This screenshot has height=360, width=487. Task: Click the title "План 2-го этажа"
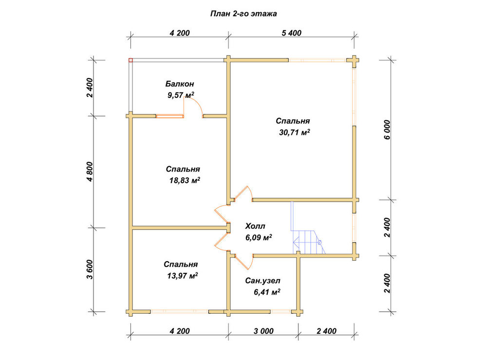click(x=243, y=14)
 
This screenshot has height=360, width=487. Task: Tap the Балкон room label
click(x=180, y=84)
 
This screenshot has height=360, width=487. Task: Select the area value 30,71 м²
click(x=295, y=133)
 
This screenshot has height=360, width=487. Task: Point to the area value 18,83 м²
click(x=185, y=180)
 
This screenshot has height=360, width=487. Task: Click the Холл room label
click(x=255, y=226)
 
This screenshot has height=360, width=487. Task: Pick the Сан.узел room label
click(x=263, y=281)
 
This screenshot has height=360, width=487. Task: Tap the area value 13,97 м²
click(x=183, y=276)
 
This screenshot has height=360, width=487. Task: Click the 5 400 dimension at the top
click(x=292, y=33)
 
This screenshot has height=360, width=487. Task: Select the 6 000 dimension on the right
click(x=387, y=130)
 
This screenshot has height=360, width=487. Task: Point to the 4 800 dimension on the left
click(x=90, y=171)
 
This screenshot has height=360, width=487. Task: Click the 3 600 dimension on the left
click(x=90, y=269)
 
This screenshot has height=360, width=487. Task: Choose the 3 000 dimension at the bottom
click(x=263, y=331)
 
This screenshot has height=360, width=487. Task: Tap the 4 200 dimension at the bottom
click(x=180, y=331)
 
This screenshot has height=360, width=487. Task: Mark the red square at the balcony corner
click(x=131, y=60)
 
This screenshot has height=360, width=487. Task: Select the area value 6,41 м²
click(x=267, y=292)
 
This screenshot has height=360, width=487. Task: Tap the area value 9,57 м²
click(x=181, y=95)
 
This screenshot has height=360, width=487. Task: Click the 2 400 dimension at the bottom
click(x=326, y=331)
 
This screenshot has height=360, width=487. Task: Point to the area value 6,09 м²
click(x=259, y=238)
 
